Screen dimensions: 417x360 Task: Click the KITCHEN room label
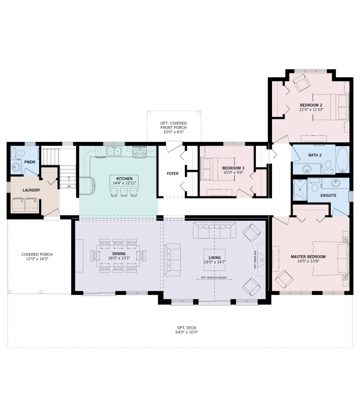point(124,179)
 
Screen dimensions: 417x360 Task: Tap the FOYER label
point(172,174)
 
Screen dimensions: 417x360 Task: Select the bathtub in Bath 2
point(343,160)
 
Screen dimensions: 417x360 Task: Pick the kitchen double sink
point(114,151)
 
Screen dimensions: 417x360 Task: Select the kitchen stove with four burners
point(140,151)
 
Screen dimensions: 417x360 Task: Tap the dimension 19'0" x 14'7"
point(214,262)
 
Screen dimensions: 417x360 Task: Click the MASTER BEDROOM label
point(308,257)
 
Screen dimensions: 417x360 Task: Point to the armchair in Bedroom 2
point(302,83)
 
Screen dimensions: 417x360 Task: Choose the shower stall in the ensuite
point(300,190)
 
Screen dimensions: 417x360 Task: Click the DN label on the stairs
point(69,186)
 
